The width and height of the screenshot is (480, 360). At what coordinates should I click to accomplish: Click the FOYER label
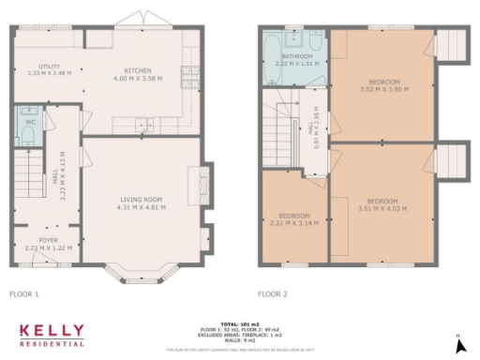[x=35, y=240]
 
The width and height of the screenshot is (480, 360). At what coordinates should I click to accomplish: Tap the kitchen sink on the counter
[x=143, y=123]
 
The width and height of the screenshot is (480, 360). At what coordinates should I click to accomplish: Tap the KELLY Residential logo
[x=52, y=334]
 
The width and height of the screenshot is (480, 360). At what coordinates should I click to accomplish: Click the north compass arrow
[x=457, y=344]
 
